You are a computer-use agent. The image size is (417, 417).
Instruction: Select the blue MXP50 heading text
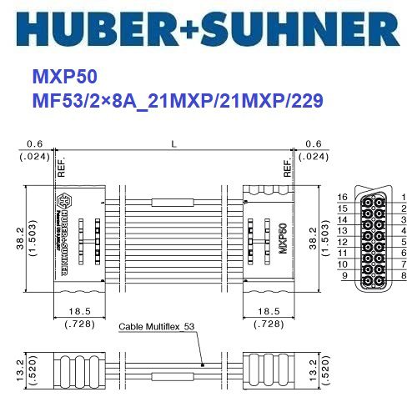[x=64, y=78]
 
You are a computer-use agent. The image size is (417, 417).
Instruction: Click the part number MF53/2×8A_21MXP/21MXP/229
[x=177, y=101]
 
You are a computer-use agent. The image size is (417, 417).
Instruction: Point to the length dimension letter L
[x=173, y=144]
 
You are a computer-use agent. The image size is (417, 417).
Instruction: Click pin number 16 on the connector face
[x=341, y=197]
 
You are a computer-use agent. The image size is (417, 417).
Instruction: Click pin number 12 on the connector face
[x=341, y=241]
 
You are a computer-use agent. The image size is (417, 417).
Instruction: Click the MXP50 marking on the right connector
[x=284, y=237]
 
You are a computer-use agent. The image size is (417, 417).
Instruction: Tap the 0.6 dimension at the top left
[x=34, y=144]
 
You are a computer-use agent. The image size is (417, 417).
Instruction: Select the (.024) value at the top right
[x=313, y=156]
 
